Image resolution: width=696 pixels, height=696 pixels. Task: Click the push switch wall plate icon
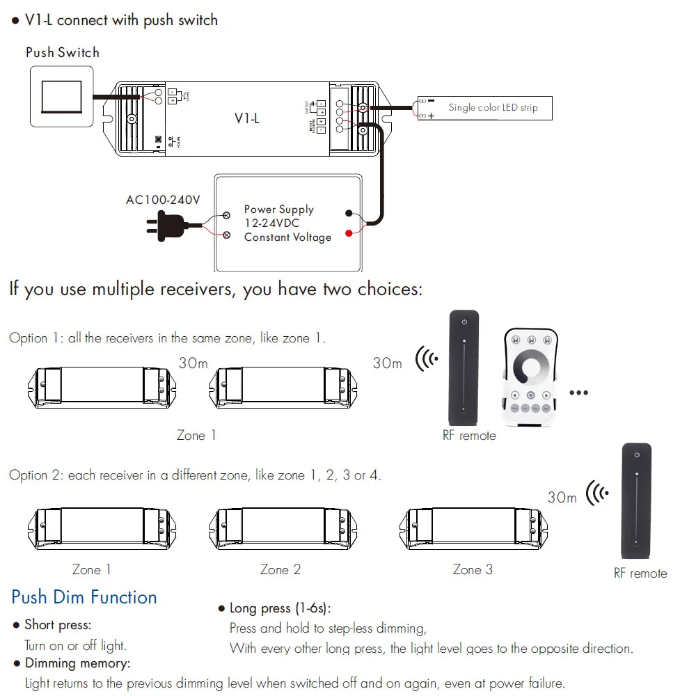click(62, 96)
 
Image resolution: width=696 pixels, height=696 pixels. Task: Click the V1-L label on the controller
click(246, 118)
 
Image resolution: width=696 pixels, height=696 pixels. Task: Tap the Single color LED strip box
click(486, 108)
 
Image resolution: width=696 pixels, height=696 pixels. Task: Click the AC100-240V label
click(163, 200)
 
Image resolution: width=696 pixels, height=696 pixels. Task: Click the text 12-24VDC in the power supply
click(271, 223)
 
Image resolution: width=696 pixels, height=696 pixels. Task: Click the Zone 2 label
click(280, 569)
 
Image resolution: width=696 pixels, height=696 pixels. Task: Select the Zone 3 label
click(473, 569)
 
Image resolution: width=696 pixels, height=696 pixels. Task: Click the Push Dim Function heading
click(84, 597)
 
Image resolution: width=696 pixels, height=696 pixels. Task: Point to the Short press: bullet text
click(58, 625)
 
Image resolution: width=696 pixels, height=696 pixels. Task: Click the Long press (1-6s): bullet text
click(280, 609)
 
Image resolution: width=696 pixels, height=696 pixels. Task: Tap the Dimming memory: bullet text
click(77, 663)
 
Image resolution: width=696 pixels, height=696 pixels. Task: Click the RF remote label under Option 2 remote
click(640, 574)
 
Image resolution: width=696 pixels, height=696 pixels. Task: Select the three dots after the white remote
click(578, 393)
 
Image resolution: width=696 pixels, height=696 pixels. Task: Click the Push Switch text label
click(63, 52)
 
